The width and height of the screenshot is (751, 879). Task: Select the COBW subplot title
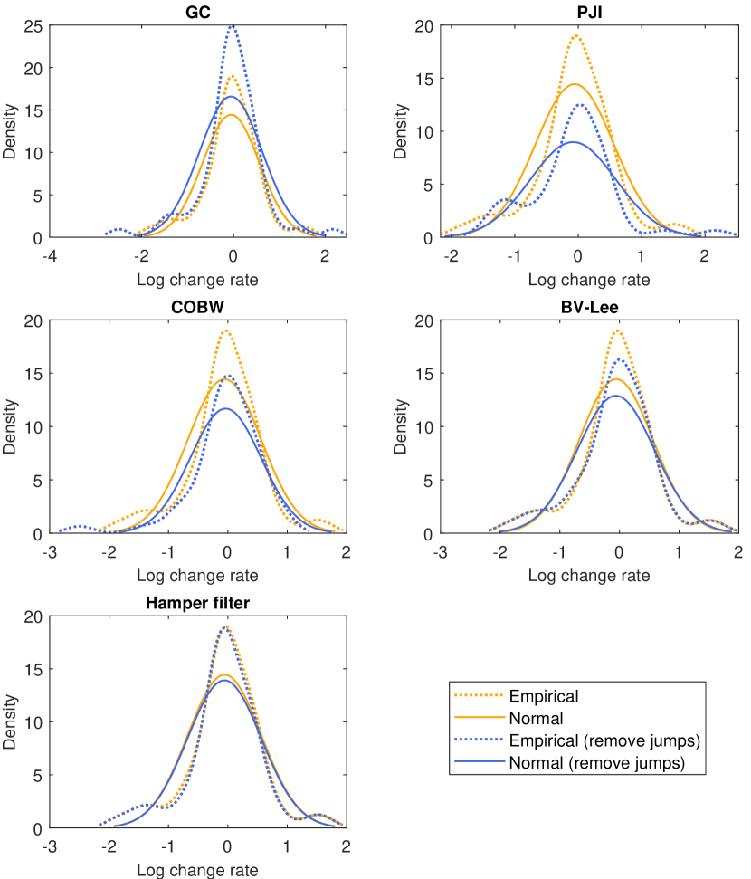click(x=197, y=307)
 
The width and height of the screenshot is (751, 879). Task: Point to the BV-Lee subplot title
click(x=589, y=307)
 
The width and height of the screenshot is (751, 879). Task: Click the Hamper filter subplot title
click(x=197, y=603)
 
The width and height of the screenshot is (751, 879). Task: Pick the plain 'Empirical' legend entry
click(x=544, y=696)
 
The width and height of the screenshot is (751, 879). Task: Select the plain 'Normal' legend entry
click(x=537, y=720)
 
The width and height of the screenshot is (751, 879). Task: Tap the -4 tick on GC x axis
click(x=51, y=255)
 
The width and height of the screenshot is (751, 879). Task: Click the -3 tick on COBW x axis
click(x=51, y=551)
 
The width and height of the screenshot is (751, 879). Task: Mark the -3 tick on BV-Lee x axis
click(x=442, y=551)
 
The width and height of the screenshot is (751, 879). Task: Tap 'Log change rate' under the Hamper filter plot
click(x=197, y=870)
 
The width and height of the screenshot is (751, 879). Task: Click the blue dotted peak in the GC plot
click(x=233, y=27)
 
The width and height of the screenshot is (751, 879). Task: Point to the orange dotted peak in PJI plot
click(x=575, y=36)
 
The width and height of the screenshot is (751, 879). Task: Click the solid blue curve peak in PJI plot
click(x=572, y=142)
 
